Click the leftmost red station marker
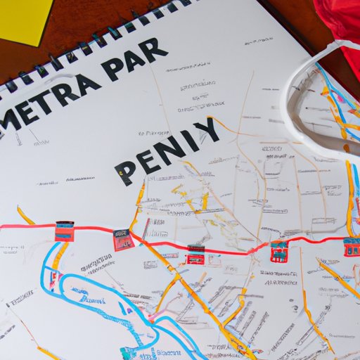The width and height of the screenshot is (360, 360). pos(65,231)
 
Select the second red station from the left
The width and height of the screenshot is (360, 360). pos(124,239)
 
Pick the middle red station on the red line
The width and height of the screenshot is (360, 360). pos(196,254)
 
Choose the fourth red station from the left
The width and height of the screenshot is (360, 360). pos(279,250)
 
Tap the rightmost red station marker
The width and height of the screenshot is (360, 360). pos(352,246)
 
